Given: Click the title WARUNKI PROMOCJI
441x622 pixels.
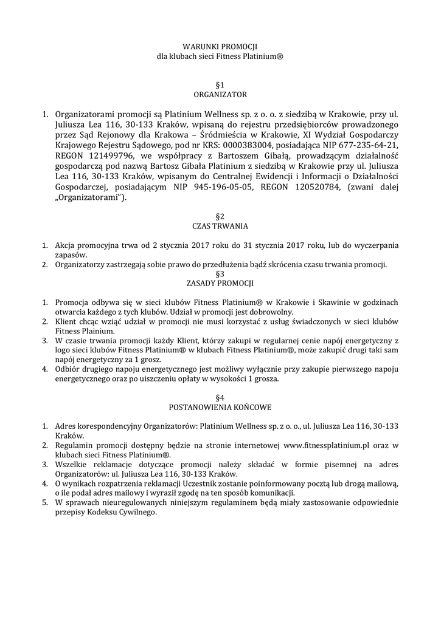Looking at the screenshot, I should point(220,46).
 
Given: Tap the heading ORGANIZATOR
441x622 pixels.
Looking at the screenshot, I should point(220,95).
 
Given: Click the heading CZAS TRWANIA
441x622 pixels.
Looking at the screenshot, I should point(220,226).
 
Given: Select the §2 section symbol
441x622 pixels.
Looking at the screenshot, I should point(220,216).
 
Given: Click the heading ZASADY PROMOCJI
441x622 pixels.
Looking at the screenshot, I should point(220,283).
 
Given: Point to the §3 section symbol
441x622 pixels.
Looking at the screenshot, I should point(220,273).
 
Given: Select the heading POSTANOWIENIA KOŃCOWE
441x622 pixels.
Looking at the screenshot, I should point(220,407).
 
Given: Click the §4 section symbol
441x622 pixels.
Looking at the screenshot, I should point(220,397).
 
